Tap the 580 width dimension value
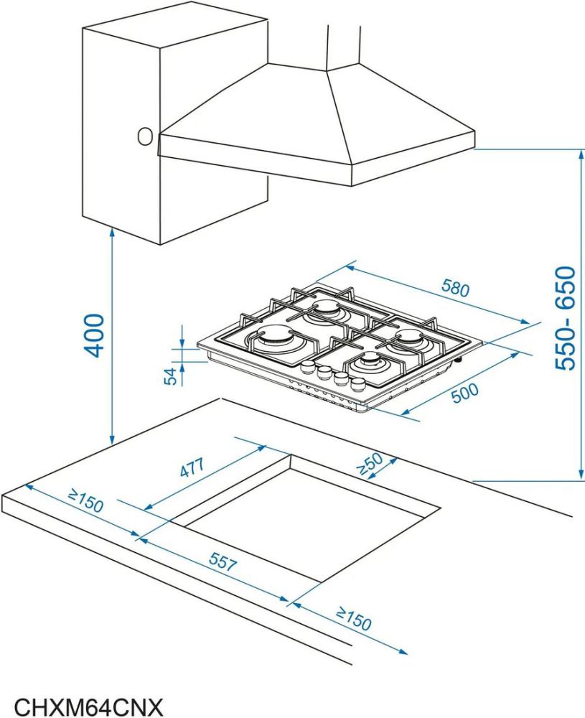(456, 288)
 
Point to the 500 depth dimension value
(464, 393)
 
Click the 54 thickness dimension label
(170, 376)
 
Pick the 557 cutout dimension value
(223, 561)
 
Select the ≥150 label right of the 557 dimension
(353, 619)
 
